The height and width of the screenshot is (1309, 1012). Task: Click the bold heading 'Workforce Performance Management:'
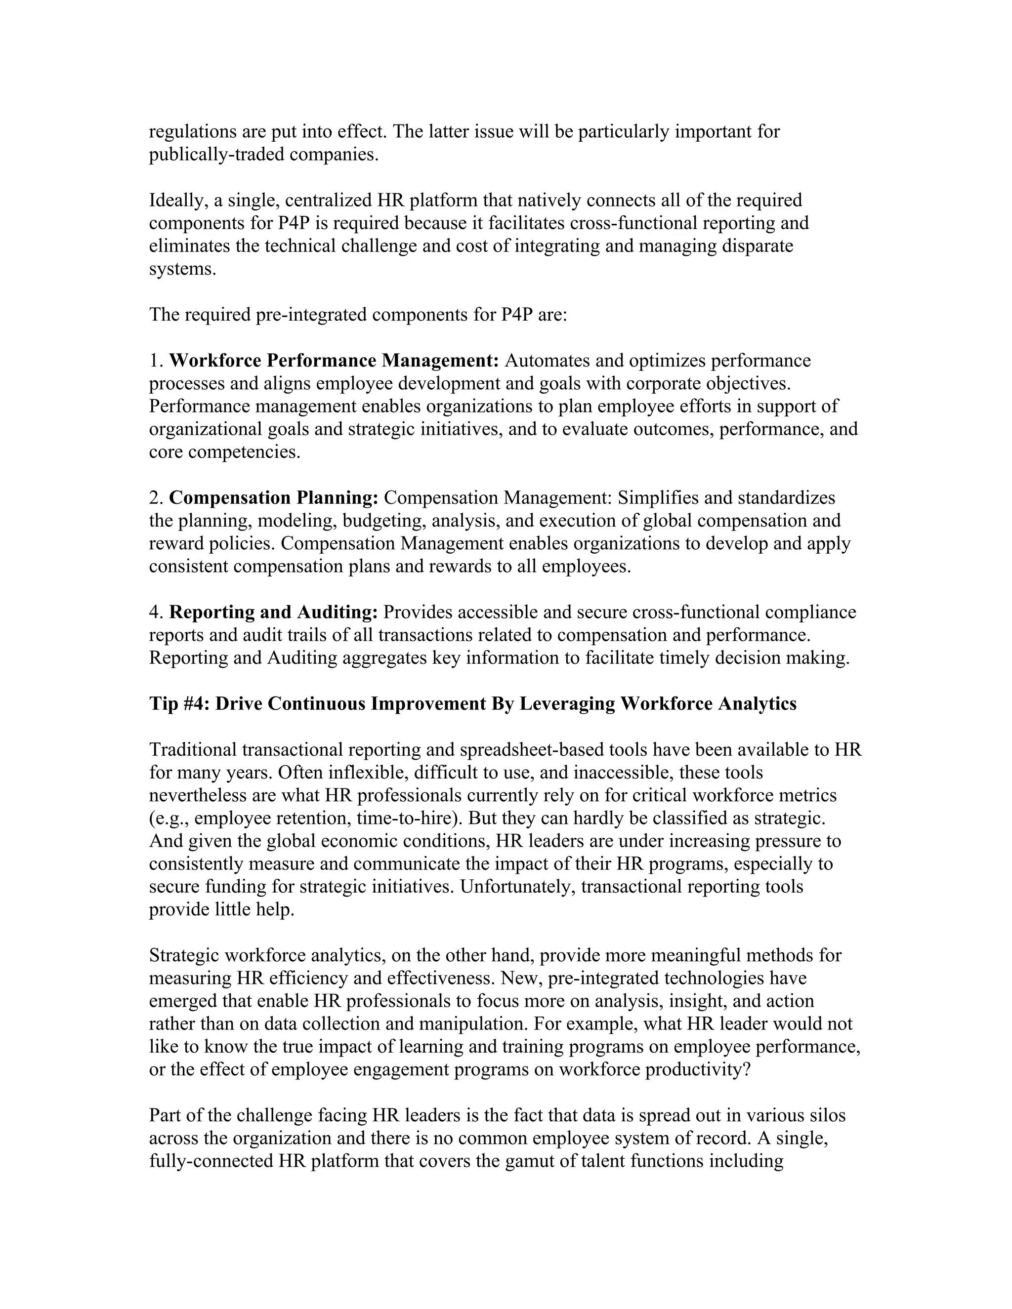334,361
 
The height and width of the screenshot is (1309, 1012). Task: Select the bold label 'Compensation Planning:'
273,498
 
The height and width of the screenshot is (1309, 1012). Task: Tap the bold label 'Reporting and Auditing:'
273,613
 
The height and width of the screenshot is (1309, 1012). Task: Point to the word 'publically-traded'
216,155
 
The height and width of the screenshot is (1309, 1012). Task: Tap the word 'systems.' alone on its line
182,269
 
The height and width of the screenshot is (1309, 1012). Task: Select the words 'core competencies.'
224,452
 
